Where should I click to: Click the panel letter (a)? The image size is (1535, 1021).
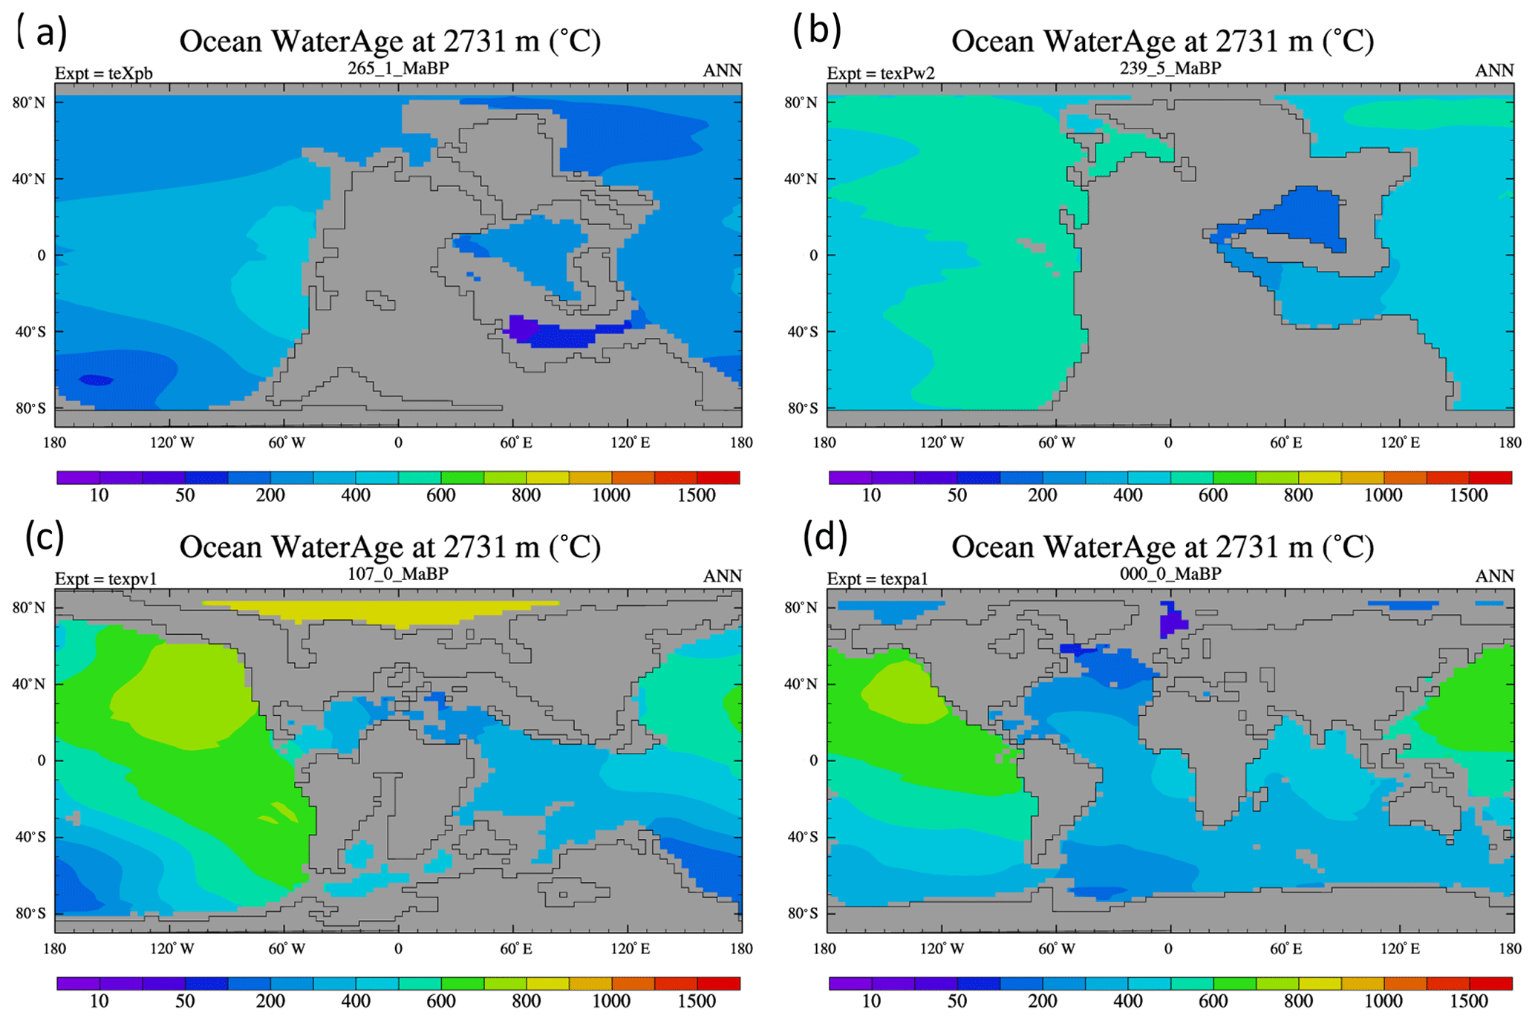pyautogui.click(x=42, y=32)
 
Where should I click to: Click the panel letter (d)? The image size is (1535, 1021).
pyautogui.click(x=825, y=537)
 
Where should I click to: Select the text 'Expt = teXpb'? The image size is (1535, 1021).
pyautogui.click(x=103, y=74)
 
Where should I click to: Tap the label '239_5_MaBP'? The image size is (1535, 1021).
pyautogui.click(x=1170, y=68)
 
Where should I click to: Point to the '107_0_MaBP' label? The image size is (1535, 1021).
pyautogui.click(x=398, y=574)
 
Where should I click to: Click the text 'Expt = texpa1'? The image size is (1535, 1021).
pyautogui.click(x=877, y=579)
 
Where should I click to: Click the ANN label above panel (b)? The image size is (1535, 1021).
pyautogui.click(x=1493, y=71)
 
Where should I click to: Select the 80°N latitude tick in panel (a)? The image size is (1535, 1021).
pyautogui.click(x=28, y=102)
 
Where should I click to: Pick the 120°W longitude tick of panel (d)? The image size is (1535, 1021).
pyautogui.click(x=942, y=949)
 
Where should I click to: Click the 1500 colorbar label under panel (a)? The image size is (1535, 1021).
pyautogui.click(x=696, y=496)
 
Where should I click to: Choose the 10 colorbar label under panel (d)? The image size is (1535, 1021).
pyautogui.click(x=871, y=1002)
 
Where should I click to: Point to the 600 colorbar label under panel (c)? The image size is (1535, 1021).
pyautogui.click(x=440, y=1002)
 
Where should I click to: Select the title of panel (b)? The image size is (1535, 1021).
pyautogui.click(x=1162, y=42)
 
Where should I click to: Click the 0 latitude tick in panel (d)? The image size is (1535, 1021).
pyautogui.click(x=813, y=760)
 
